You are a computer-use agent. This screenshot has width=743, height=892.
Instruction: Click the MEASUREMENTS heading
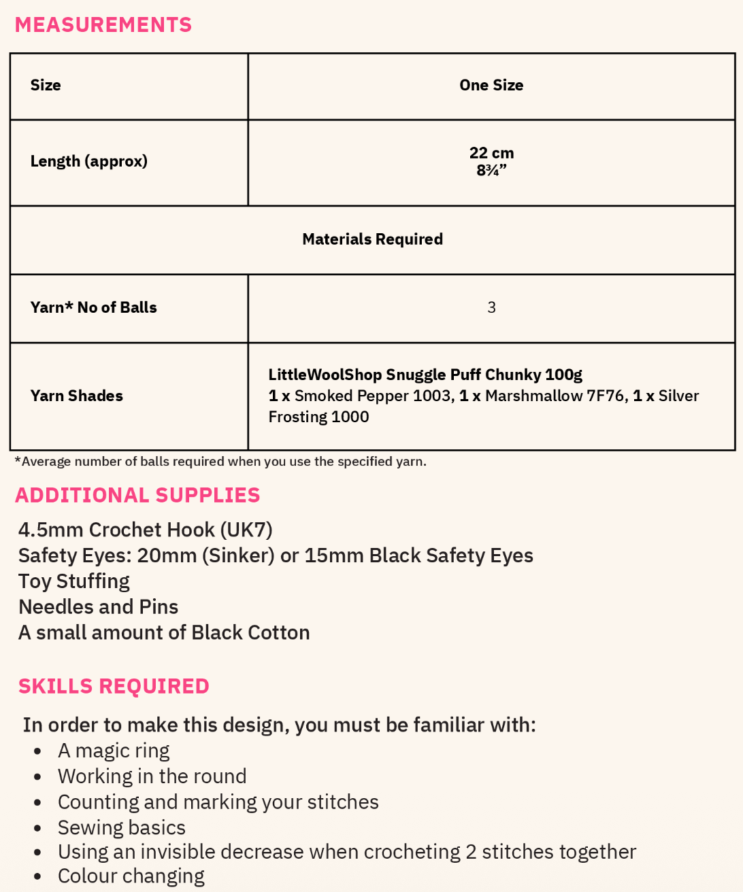pyautogui.click(x=103, y=25)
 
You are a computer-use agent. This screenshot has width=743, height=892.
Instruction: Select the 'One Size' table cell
pyautogui.click(x=491, y=86)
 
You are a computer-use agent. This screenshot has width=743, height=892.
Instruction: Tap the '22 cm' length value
pyautogui.click(x=491, y=153)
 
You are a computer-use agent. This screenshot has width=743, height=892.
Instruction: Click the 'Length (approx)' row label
pyautogui.click(x=89, y=162)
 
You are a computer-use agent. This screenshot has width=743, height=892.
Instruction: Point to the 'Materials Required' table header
pyautogui.click(x=372, y=239)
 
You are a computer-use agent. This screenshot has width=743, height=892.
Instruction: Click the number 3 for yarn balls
pyautogui.click(x=491, y=308)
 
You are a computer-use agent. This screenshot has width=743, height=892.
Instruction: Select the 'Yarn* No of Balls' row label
pyautogui.click(x=94, y=308)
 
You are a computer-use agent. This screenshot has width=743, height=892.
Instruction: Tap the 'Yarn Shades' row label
pyautogui.click(x=77, y=396)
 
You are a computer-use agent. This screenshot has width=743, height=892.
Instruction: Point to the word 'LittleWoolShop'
pyautogui.click(x=325, y=375)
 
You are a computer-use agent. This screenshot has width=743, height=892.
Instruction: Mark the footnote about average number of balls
pyautogui.click(x=220, y=462)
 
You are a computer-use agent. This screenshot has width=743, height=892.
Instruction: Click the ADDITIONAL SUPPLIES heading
pyautogui.click(x=137, y=495)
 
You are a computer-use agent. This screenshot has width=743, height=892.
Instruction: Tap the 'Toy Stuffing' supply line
pyautogui.click(x=74, y=582)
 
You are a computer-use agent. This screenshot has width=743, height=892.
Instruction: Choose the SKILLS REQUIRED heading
pyautogui.click(x=114, y=687)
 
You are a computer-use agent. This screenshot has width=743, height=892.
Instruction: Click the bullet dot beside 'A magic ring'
pyautogui.click(x=38, y=752)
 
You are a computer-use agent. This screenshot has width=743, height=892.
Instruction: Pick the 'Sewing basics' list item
pyautogui.click(x=122, y=828)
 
